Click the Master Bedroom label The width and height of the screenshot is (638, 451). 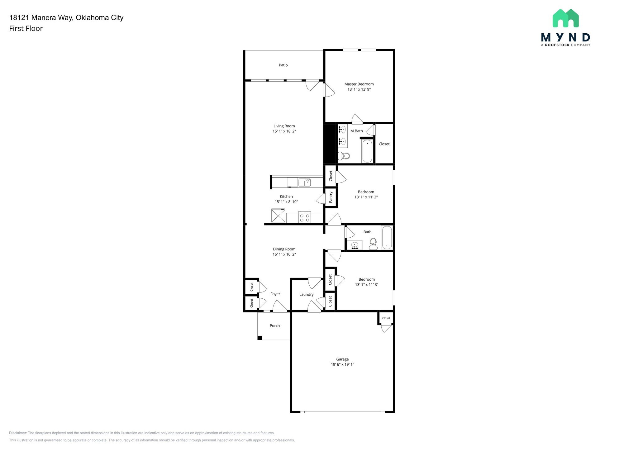pos(359,84)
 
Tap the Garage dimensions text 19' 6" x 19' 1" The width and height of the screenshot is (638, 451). pos(342,364)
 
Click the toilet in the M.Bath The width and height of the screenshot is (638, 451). pos(344,156)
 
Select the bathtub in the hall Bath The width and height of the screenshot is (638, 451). pos(387,238)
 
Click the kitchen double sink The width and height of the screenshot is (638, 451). pos(305,183)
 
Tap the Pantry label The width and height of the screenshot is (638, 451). pos(331,197)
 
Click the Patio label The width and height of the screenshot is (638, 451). pos(283,65)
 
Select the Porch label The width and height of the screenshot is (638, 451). pos(274,326)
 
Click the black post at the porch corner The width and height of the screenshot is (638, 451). pos(259,338)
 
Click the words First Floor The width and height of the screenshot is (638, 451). pos(26,28)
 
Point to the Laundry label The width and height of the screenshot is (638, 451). pos(306,295)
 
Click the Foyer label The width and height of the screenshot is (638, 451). pos(275,294)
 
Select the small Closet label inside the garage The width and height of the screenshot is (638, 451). pos(386,318)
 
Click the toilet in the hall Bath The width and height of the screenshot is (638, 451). pos(373,243)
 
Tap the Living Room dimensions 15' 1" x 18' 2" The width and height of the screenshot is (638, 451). pos(284,131)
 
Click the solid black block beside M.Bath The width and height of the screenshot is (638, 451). pos(329,143)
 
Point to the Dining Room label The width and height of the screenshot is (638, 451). pos(284,249)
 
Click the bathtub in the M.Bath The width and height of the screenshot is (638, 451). pos(367,151)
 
